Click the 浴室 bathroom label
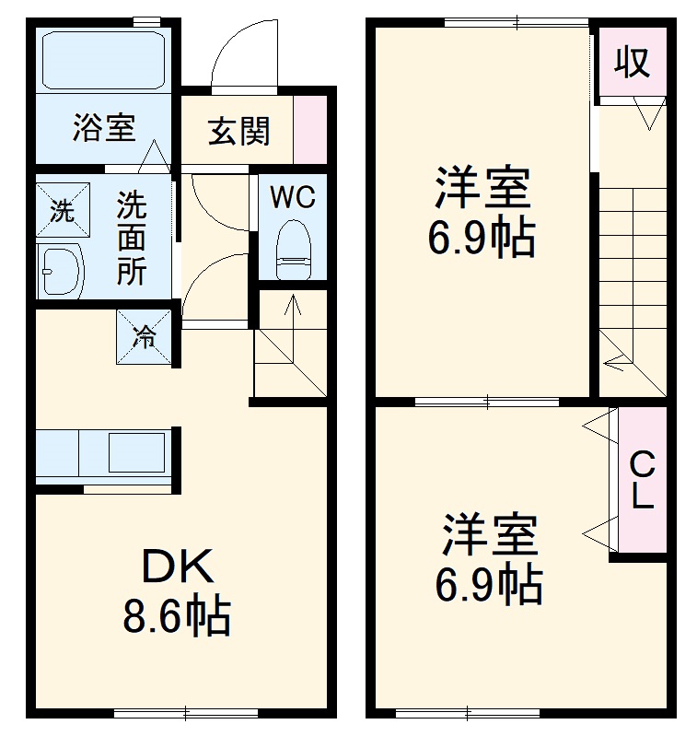(x=104, y=128)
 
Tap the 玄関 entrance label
(x=238, y=131)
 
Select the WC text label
(x=292, y=196)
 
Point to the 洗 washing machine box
(x=62, y=211)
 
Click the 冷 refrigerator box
(x=144, y=335)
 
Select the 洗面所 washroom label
(x=131, y=237)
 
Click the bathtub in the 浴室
(x=103, y=58)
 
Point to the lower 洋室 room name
(x=489, y=536)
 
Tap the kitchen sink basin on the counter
(x=135, y=452)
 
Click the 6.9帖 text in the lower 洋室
(x=488, y=583)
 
